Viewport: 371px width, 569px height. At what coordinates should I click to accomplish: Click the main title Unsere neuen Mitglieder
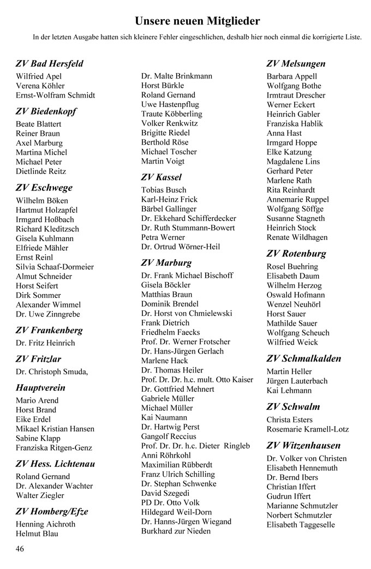[198, 21]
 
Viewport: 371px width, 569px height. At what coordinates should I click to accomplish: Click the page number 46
[20, 548]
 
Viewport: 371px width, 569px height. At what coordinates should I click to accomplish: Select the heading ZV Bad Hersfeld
[50, 63]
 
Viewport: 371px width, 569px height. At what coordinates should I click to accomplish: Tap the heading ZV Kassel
[161, 177]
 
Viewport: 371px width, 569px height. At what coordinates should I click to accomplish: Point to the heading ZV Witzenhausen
[303, 445]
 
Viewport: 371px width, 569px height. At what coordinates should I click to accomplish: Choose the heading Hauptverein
[40, 388]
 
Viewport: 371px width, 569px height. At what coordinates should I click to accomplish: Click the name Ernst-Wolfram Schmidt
[55, 95]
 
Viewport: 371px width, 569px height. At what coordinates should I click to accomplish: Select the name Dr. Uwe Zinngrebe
[48, 314]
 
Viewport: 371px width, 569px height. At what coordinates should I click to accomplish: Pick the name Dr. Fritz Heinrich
[45, 343]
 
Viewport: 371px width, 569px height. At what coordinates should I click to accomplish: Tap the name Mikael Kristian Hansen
[55, 429]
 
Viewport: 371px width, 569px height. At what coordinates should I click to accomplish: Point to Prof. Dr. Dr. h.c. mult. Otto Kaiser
[197, 380]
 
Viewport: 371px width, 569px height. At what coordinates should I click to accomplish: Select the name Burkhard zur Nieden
[176, 531]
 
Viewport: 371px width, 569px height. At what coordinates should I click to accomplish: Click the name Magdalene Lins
[293, 161]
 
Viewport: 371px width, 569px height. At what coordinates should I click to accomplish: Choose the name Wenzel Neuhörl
[294, 304]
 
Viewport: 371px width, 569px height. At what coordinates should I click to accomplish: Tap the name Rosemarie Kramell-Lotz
[307, 429]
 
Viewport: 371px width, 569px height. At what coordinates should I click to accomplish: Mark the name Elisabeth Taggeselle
[301, 525]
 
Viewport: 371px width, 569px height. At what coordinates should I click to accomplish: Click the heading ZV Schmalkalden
[304, 358]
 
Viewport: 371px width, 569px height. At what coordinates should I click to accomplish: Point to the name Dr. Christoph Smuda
[51, 372]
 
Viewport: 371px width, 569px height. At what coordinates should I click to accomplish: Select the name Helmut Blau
[37, 534]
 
